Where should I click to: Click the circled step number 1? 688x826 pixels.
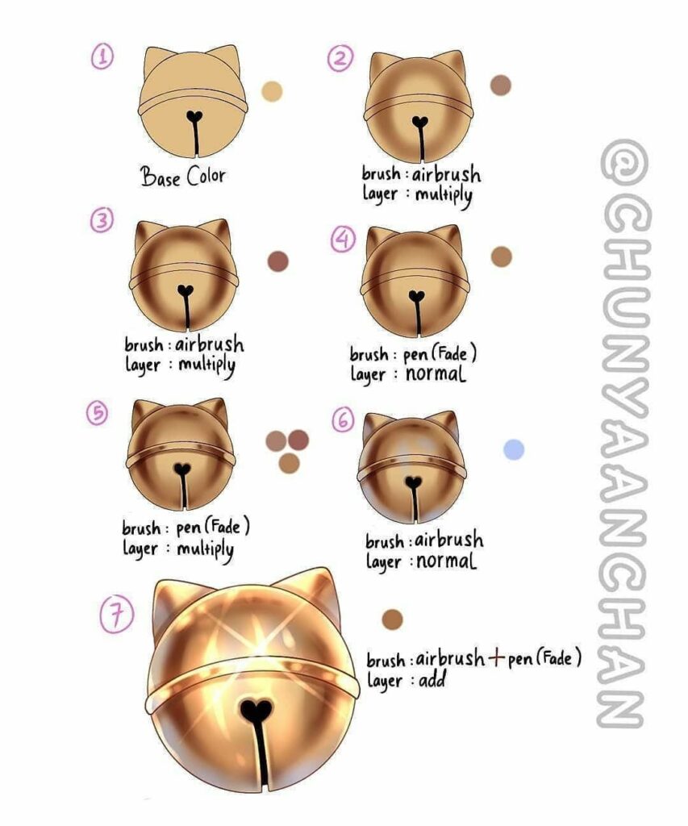(x=102, y=57)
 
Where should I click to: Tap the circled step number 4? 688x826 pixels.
(x=343, y=239)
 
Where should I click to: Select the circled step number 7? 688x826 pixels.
(x=117, y=614)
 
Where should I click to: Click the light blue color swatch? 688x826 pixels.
(x=514, y=449)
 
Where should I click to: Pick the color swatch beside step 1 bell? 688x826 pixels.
(x=272, y=91)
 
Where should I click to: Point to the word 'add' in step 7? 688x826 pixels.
(x=432, y=679)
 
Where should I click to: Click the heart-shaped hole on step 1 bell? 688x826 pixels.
(x=195, y=116)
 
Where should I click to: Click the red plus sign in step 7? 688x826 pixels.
(x=496, y=658)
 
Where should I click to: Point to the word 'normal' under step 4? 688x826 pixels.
(x=435, y=373)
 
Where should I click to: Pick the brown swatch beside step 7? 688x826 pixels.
(x=392, y=619)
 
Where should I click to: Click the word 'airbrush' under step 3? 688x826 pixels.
(x=210, y=344)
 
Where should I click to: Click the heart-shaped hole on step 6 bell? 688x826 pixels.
(x=414, y=482)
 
